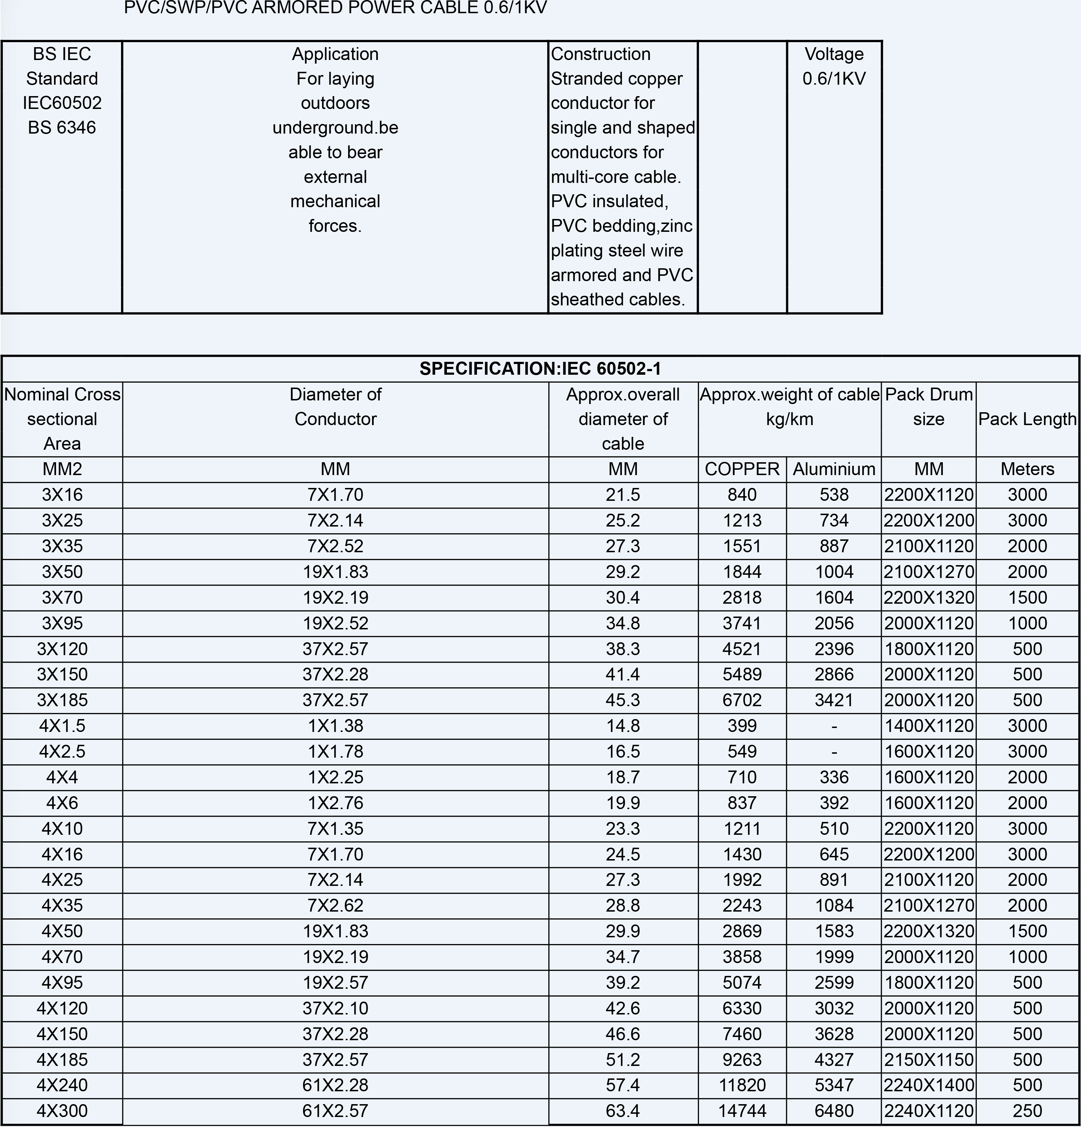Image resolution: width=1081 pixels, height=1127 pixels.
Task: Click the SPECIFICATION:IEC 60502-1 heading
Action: [x=540, y=369]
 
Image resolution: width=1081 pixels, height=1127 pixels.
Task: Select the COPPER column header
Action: [x=742, y=469]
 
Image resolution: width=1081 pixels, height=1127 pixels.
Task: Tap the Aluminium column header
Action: [x=834, y=469]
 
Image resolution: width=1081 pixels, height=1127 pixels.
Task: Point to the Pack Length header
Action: [x=1027, y=419]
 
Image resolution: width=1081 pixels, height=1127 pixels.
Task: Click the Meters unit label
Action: [x=1027, y=469]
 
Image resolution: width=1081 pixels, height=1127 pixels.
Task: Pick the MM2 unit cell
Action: [x=62, y=469]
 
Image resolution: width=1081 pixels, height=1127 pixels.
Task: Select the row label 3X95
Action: [x=62, y=623]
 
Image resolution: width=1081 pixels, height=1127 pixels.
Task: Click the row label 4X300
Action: [x=62, y=1111]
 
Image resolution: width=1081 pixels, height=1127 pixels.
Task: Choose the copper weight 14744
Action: [x=742, y=1111]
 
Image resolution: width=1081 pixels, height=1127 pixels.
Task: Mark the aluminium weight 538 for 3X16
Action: [x=834, y=495]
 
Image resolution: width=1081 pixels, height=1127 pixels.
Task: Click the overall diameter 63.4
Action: [x=623, y=1111]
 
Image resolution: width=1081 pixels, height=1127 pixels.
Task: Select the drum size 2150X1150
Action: [x=929, y=1060]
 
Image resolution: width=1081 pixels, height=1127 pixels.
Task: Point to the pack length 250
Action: [x=1027, y=1111]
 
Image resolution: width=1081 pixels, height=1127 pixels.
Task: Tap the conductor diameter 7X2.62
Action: [x=336, y=906]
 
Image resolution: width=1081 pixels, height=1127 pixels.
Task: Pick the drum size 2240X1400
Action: [x=929, y=1085]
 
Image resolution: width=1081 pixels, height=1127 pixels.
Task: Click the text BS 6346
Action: [x=62, y=128]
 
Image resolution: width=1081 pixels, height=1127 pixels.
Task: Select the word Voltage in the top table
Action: [x=834, y=54]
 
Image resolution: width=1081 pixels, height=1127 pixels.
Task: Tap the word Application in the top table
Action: [x=336, y=54]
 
